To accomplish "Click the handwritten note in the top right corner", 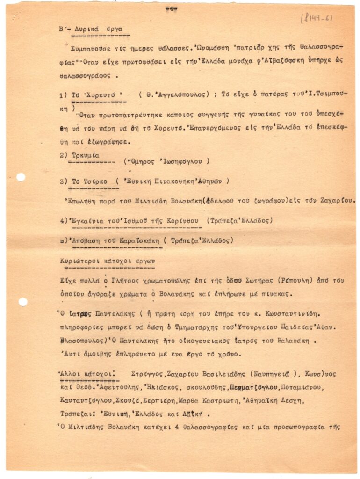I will pos(317,19).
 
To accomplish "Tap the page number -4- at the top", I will pos(171,9).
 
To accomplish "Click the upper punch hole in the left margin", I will pos(21,177).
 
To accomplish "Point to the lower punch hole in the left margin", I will pos(22,302).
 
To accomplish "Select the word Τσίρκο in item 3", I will pos(95,181).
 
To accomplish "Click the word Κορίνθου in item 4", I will pos(183,220).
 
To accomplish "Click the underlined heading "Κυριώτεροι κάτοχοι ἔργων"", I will pos(107,260).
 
